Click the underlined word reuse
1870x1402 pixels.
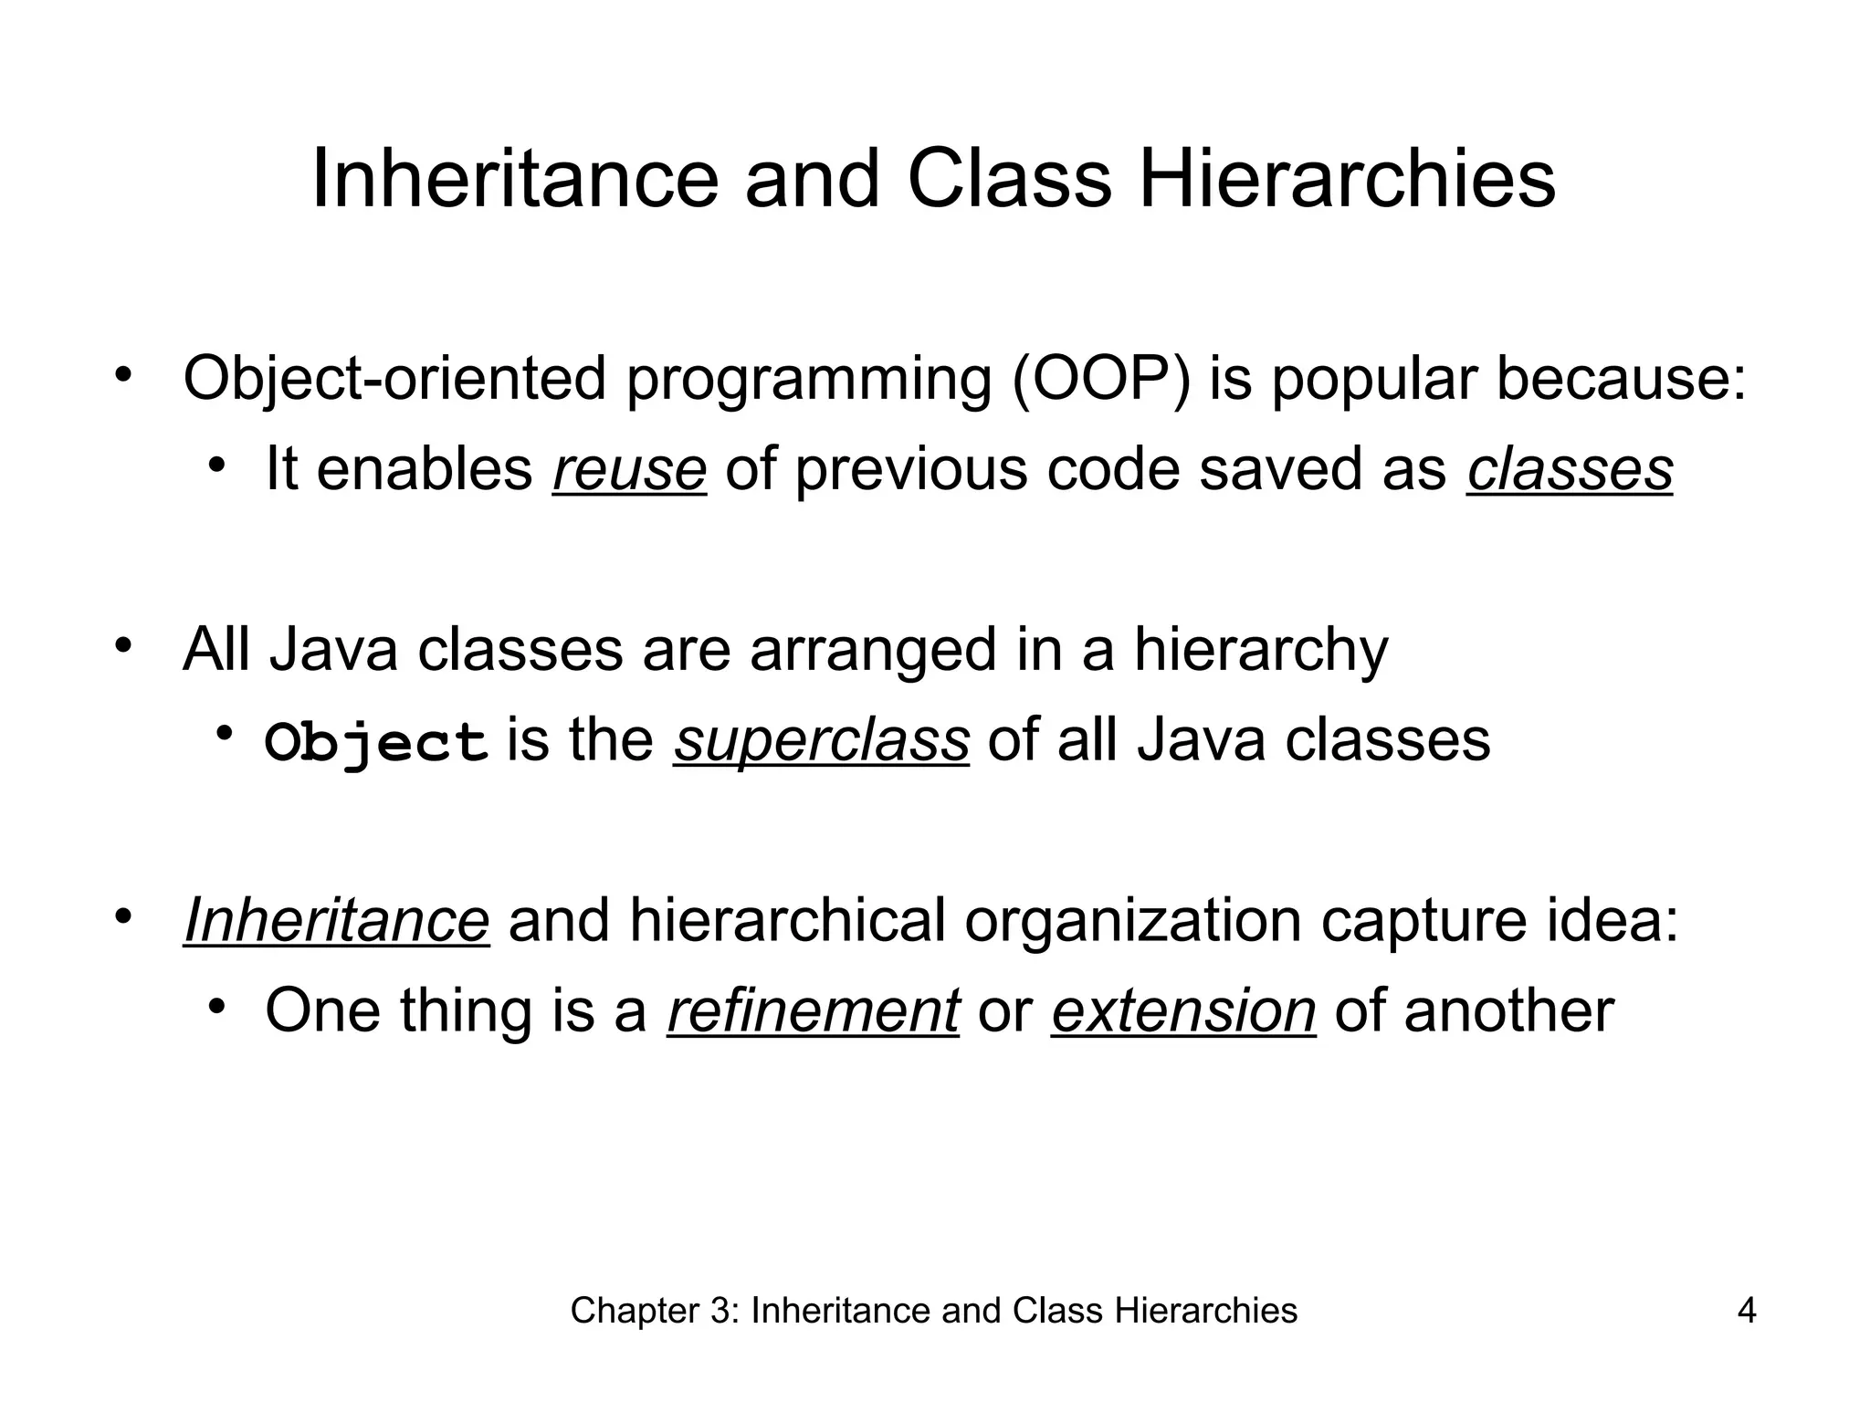pyautogui.click(x=629, y=469)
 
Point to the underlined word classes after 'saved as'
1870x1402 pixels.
pyautogui.click(x=1570, y=469)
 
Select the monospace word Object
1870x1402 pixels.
pyautogui.click(x=375, y=742)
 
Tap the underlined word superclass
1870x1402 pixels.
pyautogui.click(x=821, y=739)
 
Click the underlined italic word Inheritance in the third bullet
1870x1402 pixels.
pyautogui.click(x=336, y=920)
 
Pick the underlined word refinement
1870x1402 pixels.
pyautogui.click(x=813, y=1010)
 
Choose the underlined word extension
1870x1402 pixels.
pyautogui.click(x=1183, y=1010)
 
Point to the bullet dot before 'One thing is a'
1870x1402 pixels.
pyautogui.click(x=215, y=1007)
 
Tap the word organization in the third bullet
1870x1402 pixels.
pyautogui.click(x=1132, y=920)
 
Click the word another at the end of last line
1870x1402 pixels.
pyautogui.click(x=1508, y=1010)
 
